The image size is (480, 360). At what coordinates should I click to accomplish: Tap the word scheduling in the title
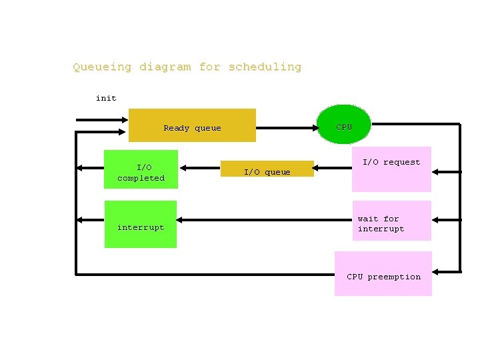click(x=265, y=67)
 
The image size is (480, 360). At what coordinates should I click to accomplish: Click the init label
click(x=106, y=98)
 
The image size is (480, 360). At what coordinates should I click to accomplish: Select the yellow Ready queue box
click(x=192, y=125)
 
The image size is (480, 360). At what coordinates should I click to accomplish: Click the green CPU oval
click(x=344, y=125)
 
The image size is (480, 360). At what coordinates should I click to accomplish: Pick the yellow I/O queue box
click(x=267, y=169)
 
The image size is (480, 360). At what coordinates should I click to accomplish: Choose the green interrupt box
click(x=141, y=224)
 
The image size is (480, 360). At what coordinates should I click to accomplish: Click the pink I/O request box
click(x=392, y=169)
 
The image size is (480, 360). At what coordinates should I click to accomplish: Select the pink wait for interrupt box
click(x=392, y=221)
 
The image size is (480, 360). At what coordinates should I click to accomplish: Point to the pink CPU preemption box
click(x=383, y=273)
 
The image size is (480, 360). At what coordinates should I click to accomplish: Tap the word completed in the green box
click(x=141, y=178)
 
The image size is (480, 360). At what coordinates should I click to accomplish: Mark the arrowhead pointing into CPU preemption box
click(x=435, y=271)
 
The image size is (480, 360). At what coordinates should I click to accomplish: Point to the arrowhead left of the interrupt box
click(x=81, y=219)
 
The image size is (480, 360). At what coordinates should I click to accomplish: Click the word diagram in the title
click(x=165, y=67)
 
